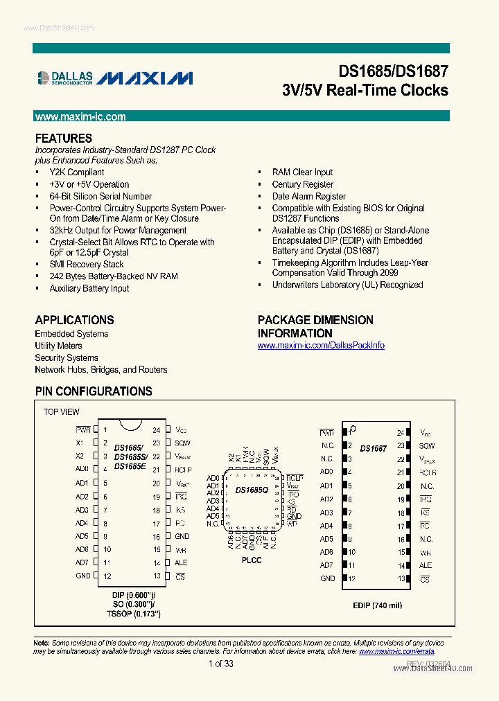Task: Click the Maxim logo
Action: (x=145, y=78)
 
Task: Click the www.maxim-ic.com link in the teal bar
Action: (x=80, y=117)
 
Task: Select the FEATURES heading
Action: (x=63, y=139)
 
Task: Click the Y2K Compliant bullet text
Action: (x=77, y=172)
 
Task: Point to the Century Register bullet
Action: (x=302, y=185)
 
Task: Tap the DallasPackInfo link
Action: (x=321, y=346)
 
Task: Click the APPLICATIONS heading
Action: (x=74, y=320)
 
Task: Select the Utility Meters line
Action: (x=58, y=346)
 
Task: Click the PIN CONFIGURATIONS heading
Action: (x=94, y=391)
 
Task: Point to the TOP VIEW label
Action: (x=62, y=412)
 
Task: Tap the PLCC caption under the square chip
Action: (x=252, y=560)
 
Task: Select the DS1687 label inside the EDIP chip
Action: (x=374, y=449)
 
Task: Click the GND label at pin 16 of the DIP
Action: (x=182, y=537)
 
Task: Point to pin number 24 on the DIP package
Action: (x=157, y=430)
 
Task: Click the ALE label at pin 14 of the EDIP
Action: (x=426, y=566)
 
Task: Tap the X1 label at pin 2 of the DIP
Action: (x=80, y=443)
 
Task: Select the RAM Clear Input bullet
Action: (x=302, y=172)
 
